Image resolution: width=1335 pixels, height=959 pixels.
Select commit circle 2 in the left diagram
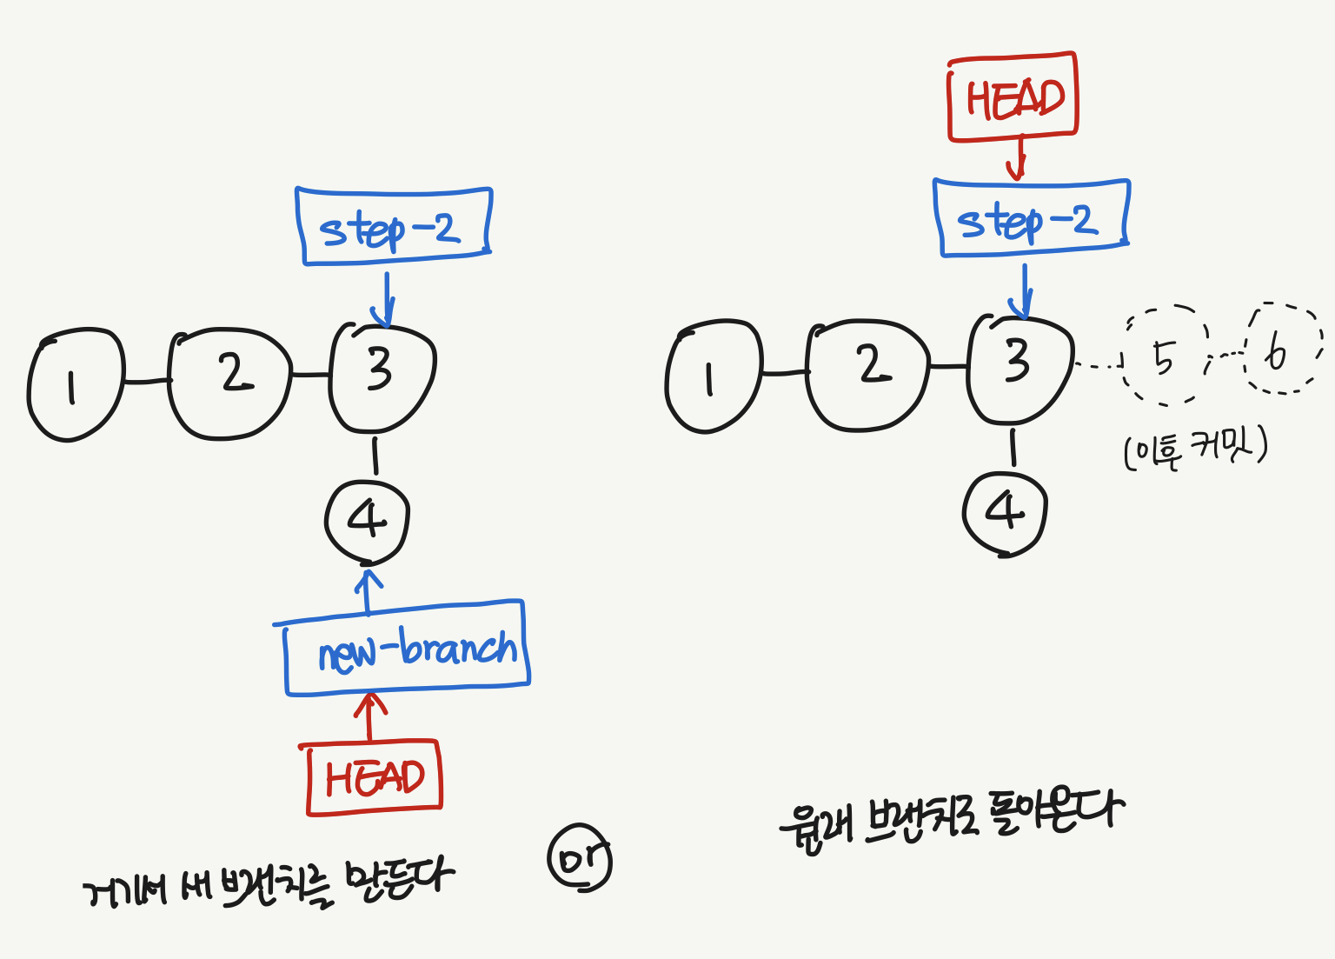[229, 383]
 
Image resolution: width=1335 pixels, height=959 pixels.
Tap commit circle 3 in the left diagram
[382, 376]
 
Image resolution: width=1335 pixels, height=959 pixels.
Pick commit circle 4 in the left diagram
[367, 522]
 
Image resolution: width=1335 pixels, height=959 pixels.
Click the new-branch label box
[407, 648]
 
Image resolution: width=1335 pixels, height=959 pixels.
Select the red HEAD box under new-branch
[374, 777]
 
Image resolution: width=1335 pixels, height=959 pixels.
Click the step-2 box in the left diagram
[394, 226]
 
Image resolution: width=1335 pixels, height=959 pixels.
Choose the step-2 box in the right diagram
[1031, 218]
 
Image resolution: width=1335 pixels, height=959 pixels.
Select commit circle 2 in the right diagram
[867, 374]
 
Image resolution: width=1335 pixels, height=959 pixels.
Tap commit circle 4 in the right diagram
[1005, 512]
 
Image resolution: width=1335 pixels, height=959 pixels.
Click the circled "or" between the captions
[580, 859]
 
